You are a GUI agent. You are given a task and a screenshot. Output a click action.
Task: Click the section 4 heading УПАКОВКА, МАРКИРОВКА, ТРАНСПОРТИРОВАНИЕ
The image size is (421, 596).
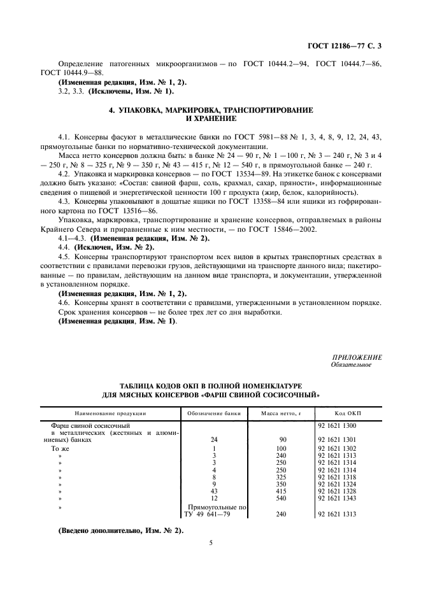(210, 110)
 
